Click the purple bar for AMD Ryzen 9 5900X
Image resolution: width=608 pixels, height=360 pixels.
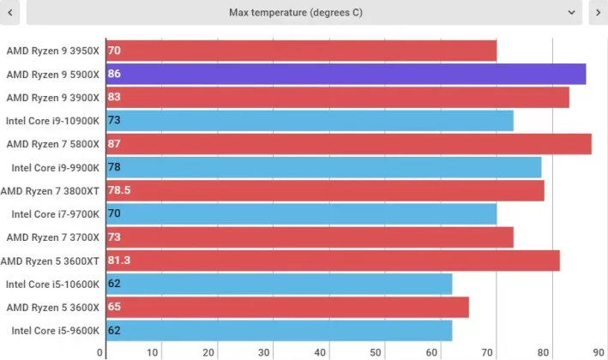pos(346,75)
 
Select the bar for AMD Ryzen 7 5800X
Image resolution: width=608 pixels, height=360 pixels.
pos(349,144)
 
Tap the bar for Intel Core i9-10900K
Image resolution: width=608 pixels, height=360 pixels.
pos(310,121)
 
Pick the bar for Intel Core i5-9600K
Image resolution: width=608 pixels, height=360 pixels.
pos(279,330)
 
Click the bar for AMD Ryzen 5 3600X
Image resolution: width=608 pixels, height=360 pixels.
pos(287,307)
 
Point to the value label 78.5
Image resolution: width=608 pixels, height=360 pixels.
pos(125,190)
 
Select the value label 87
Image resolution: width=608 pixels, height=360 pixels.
pos(115,144)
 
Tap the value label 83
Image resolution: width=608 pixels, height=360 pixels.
pos(115,98)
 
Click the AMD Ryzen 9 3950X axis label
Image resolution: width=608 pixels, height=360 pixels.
pos(53,51)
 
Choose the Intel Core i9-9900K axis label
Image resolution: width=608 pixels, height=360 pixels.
pos(56,167)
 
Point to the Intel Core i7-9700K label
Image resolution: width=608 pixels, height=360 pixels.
pos(56,213)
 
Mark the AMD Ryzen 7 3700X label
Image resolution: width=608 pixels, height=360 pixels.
pos(53,237)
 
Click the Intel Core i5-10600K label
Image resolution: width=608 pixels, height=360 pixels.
pos(53,284)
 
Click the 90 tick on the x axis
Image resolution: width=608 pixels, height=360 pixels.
pos(598,352)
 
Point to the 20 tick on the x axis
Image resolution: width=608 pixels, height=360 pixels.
pos(208,352)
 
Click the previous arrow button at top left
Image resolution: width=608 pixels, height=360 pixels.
pos(10,13)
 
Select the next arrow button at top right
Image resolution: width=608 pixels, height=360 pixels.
pos(598,13)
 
